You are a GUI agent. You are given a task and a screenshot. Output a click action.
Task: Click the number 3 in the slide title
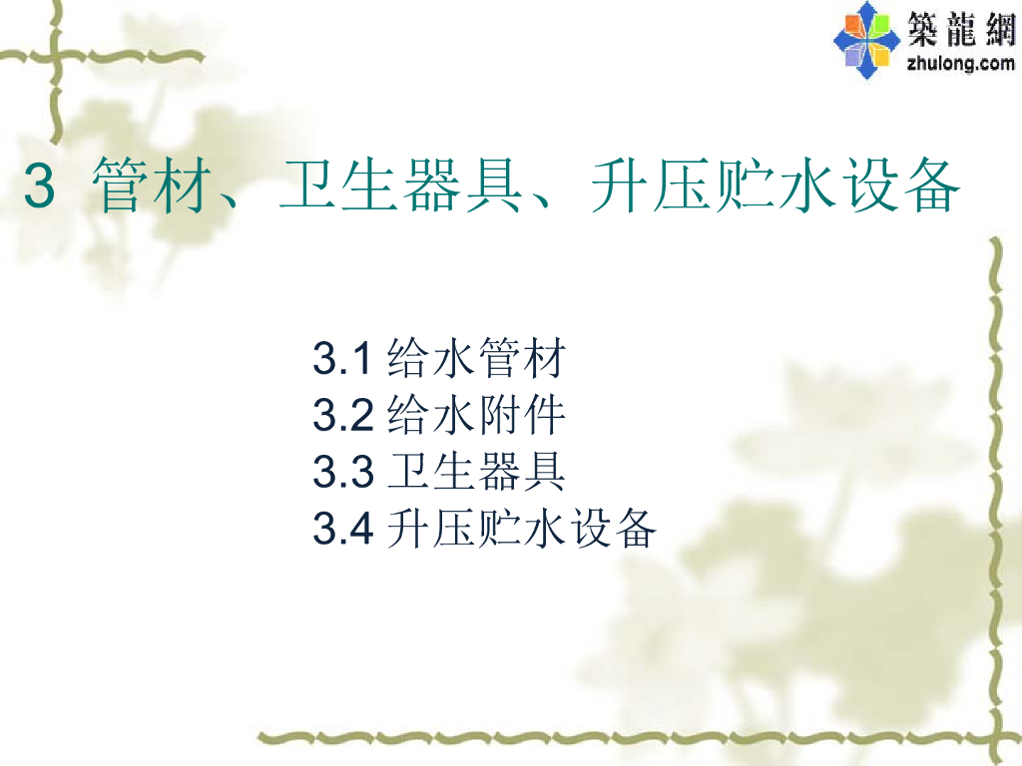coord(38,188)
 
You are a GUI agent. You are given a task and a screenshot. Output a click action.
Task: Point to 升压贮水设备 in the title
coord(774,188)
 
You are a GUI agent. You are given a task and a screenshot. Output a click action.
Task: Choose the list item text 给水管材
coord(476,359)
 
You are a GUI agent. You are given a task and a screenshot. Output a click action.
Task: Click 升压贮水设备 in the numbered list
coord(521,530)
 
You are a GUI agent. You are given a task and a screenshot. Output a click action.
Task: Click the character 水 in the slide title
coord(806,188)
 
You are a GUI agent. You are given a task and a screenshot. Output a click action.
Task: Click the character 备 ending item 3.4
coord(635,530)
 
